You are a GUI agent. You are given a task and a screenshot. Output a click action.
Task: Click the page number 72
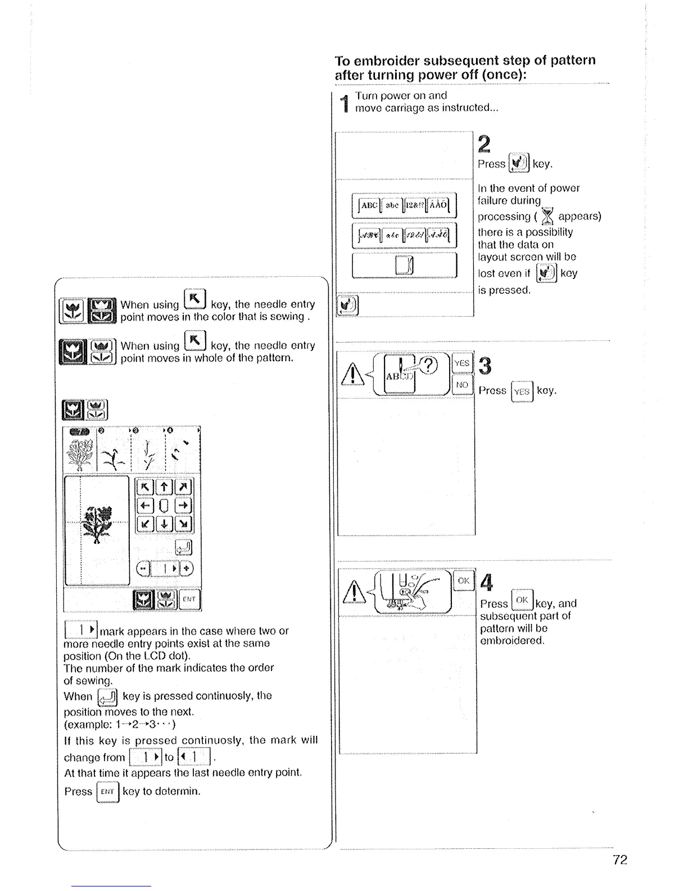click(620, 860)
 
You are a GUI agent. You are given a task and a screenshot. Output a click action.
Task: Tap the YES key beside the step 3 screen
click(462, 363)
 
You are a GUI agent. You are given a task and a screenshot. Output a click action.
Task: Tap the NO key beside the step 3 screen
click(462, 385)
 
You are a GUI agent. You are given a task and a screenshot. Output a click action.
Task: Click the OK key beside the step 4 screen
click(464, 581)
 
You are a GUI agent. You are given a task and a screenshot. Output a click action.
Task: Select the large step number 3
click(485, 366)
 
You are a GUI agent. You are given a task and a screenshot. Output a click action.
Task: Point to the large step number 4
click(487, 583)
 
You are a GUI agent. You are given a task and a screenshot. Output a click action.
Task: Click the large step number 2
click(484, 144)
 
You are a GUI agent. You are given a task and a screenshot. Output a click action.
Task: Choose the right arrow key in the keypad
click(184, 505)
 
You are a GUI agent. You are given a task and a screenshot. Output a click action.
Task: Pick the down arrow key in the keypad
click(165, 524)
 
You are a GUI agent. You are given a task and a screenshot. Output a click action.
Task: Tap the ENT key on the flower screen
click(189, 600)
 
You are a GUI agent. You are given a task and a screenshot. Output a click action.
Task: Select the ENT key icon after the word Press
click(107, 792)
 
